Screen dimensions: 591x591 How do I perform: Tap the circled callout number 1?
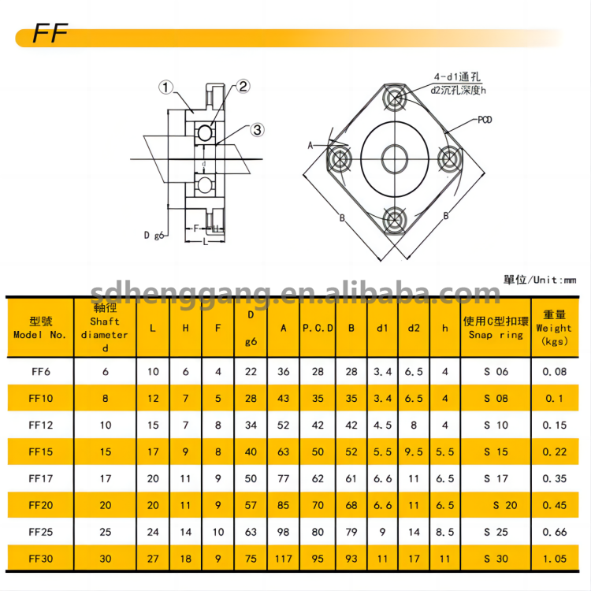coord(165,87)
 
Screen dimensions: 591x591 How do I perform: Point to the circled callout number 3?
coord(258,130)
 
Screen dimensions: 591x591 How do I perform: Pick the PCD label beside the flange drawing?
coord(486,120)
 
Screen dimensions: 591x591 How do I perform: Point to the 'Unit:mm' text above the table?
coord(540,280)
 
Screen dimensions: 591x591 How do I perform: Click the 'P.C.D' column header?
coord(318,328)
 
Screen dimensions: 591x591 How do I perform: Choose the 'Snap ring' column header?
coord(496,328)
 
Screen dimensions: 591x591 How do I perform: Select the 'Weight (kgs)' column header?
coord(554,328)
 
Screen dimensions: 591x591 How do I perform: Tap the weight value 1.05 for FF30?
coord(555,559)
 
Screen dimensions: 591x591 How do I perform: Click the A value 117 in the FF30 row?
coord(283,559)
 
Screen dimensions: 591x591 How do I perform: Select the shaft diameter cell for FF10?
coord(105,398)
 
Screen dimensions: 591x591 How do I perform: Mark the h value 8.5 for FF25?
coord(445,532)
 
